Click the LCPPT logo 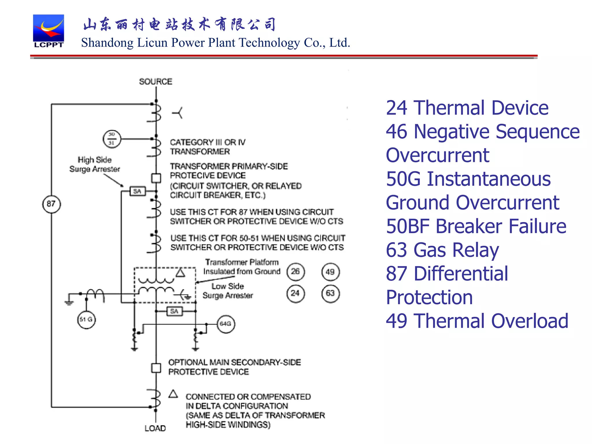coord(48,31)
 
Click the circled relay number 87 coord(51,204)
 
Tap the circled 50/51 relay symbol coord(112,139)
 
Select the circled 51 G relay coord(86,319)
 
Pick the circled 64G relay coord(226,324)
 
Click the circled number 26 coord(295,271)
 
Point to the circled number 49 coord(330,272)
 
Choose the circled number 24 coord(295,293)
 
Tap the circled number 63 coord(330,293)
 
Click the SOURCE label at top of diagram coord(156,82)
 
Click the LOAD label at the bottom coord(155,428)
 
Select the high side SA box coord(137,191)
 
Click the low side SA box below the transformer coord(174,311)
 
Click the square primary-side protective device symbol coord(156,178)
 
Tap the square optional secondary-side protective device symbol coord(156,368)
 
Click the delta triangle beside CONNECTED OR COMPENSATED coord(173,394)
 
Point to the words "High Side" coord(95,160)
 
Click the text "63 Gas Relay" coord(442,250)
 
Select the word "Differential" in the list coord(461,273)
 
